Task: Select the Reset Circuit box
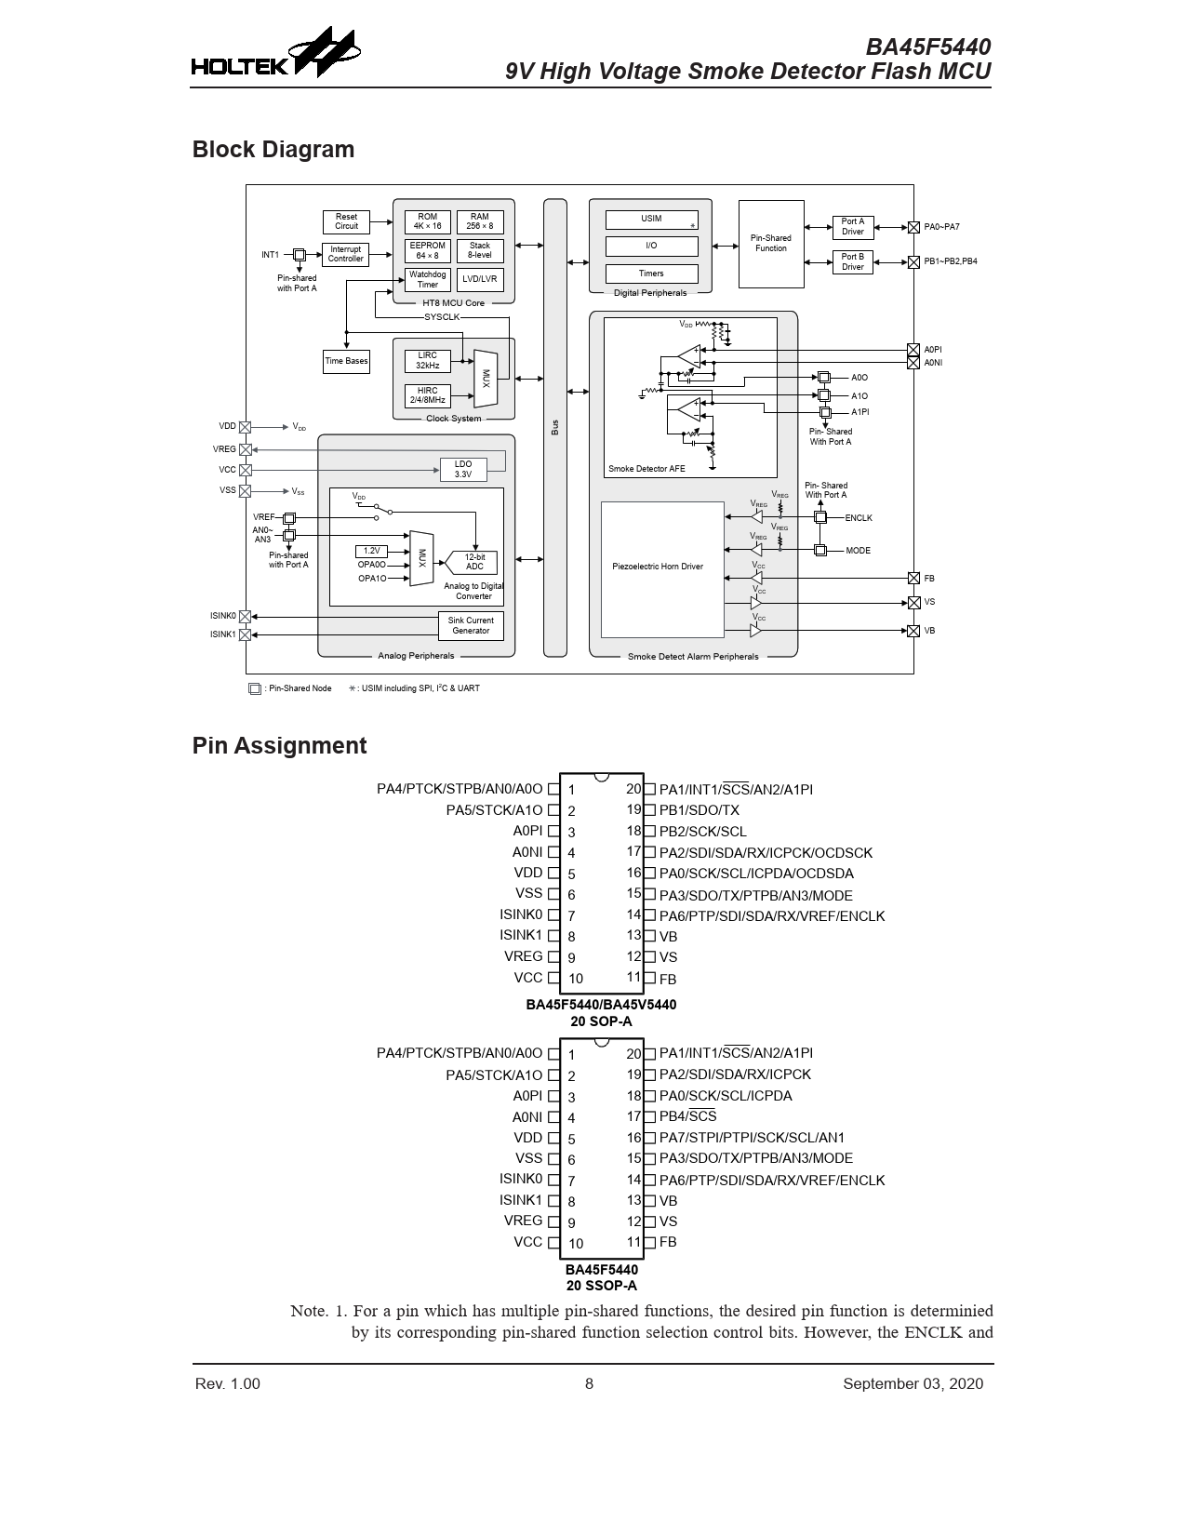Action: pos(346,221)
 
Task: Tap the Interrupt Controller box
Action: pos(345,254)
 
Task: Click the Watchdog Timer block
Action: pos(427,279)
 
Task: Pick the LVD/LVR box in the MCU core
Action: pos(480,279)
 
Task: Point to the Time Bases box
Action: pos(346,361)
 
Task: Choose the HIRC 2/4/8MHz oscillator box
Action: pos(427,395)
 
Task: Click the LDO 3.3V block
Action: pos(463,469)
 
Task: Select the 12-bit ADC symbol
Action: pos(474,562)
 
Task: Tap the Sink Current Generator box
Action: pos(471,625)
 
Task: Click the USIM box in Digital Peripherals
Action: pos(651,220)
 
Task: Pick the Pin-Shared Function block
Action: pos(770,244)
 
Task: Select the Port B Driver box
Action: pos(852,261)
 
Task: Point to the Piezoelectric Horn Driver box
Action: pos(662,567)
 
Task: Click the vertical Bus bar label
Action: pos(555,428)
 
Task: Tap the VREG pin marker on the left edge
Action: pos(246,449)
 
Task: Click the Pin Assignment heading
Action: pos(279,746)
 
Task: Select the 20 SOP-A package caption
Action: pos(601,1021)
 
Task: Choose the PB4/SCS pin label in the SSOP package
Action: pos(687,1116)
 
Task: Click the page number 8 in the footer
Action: pos(589,1383)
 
